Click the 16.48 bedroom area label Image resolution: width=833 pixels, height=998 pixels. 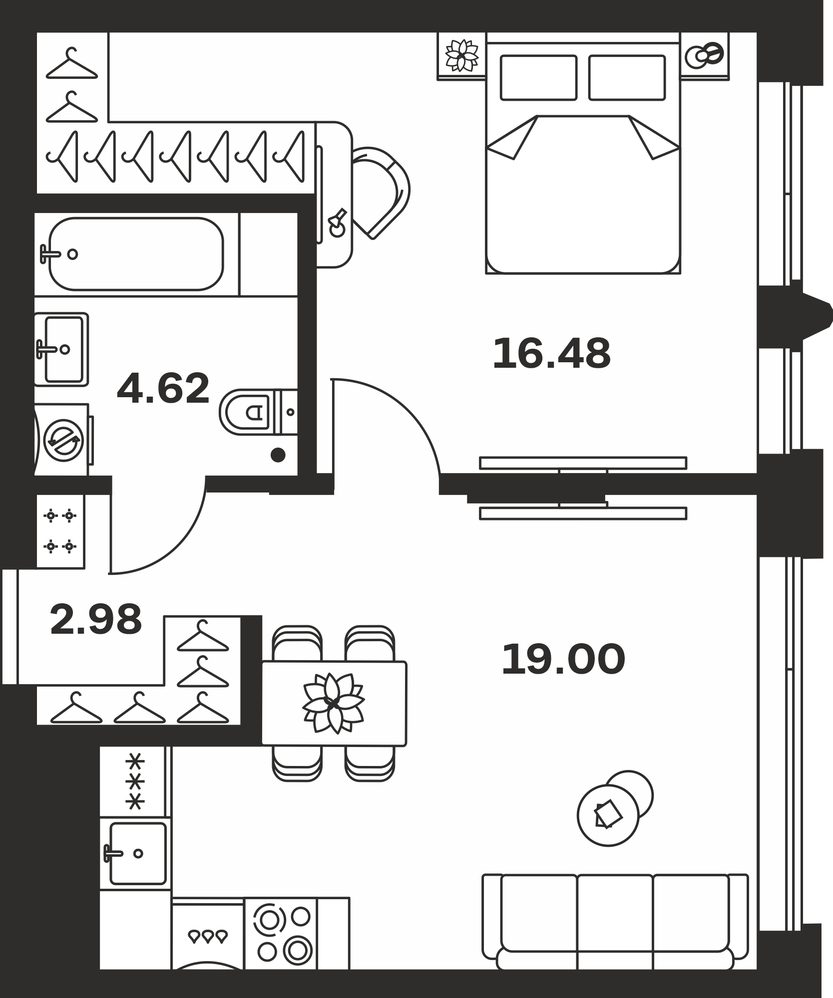coord(551,354)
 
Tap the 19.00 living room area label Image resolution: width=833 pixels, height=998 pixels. coord(563,659)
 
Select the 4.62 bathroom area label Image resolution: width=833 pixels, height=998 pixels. coord(163,388)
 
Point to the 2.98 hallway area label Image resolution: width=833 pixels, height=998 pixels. coord(96,619)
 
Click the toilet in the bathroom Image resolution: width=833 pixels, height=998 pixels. coord(258,412)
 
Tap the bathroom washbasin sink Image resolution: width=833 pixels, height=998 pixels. coord(61,349)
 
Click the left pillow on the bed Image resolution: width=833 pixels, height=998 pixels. coord(539,77)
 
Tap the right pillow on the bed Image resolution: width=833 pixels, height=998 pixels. coord(627,77)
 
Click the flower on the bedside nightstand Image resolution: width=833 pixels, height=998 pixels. coord(461,55)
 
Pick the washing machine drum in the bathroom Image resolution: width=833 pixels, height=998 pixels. coord(63,440)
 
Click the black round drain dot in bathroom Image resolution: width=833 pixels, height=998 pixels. coord(278,455)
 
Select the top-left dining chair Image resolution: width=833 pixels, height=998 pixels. coord(297,643)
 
